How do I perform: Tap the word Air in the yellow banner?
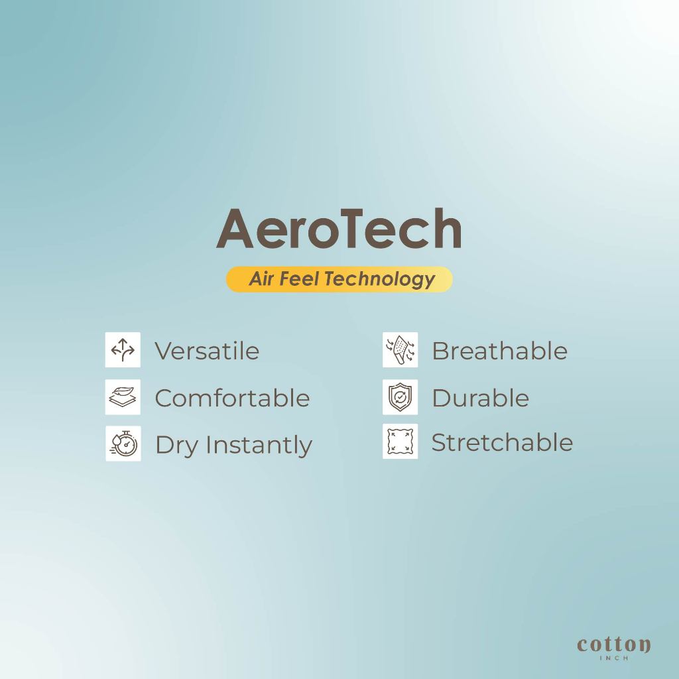pyautogui.click(x=261, y=278)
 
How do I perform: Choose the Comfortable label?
pyautogui.click(x=232, y=398)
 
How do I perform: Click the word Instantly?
pyautogui.click(x=259, y=446)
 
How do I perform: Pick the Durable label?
pyautogui.click(x=481, y=398)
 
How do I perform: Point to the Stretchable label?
pyautogui.click(x=503, y=442)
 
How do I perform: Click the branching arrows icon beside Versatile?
pyautogui.click(x=123, y=349)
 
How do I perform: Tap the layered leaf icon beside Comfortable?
pyautogui.click(x=123, y=397)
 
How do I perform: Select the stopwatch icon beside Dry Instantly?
pyautogui.click(x=123, y=444)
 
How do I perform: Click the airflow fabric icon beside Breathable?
pyautogui.click(x=400, y=349)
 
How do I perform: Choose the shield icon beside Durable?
pyautogui.click(x=400, y=397)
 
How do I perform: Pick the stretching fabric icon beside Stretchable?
pyautogui.click(x=400, y=441)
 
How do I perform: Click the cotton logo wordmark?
pyautogui.click(x=613, y=645)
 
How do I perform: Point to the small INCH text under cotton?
pyautogui.click(x=613, y=658)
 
